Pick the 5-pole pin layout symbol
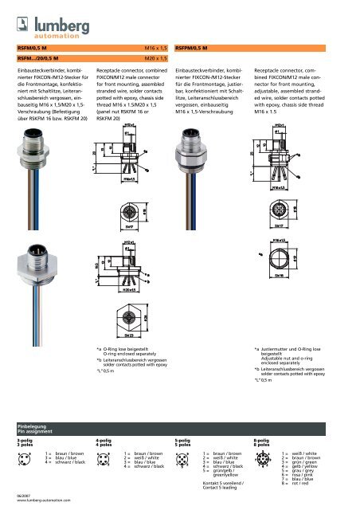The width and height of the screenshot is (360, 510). (184, 460)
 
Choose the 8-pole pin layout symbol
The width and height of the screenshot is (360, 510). (263, 461)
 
